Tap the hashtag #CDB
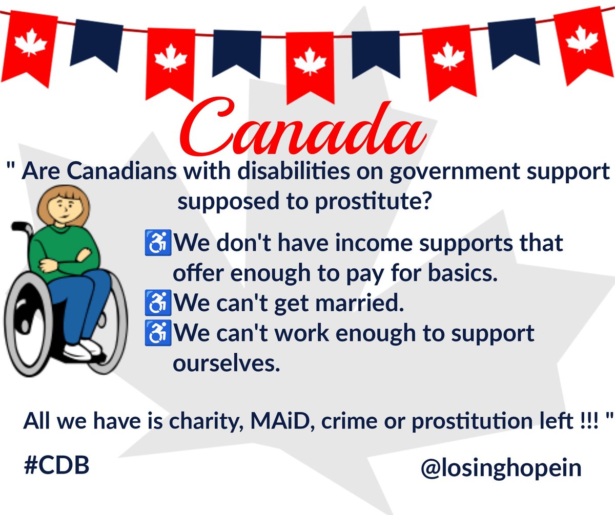pos(56,466)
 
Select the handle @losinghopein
pos(501,468)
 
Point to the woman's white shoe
pos(82,350)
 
